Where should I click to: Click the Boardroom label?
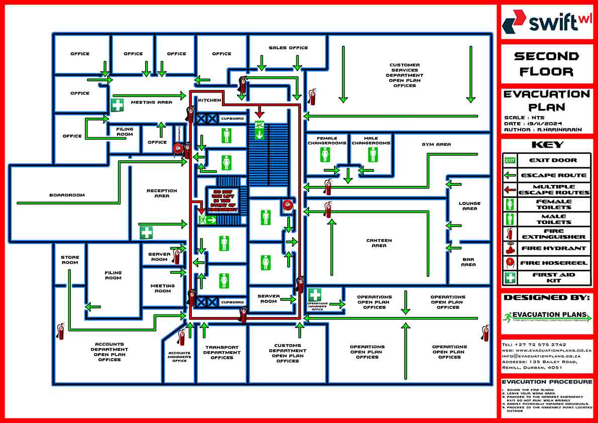pyautogui.click(x=67, y=195)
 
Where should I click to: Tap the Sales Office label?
pyautogui.click(x=288, y=48)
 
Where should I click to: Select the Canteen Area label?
pyautogui.click(x=379, y=243)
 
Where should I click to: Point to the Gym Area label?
pyautogui.click(x=436, y=144)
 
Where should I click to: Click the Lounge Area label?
pyautogui.click(x=469, y=206)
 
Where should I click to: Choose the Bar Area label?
pyautogui.click(x=468, y=262)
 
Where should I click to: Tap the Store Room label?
pyautogui.click(x=70, y=260)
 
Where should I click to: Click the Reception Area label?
pyautogui.click(x=162, y=193)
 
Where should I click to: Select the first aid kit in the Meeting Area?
pyautogui.click(x=117, y=105)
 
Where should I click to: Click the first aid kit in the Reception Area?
pyautogui.click(x=146, y=233)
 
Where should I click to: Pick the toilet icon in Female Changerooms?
pyautogui.click(x=325, y=154)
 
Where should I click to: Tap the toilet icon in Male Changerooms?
pyautogui.click(x=372, y=154)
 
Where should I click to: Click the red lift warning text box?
pyautogui.click(x=224, y=200)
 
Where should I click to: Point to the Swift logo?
pyautogui.click(x=546, y=22)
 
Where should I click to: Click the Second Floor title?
pyautogui.click(x=546, y=64)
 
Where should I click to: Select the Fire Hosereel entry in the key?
pyautogui.click(x=553, y=263)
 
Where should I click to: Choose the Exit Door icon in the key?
pyautogui.click(x=510, y=160)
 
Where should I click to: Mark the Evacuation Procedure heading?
pyautogui.click(x=547, y=382)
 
